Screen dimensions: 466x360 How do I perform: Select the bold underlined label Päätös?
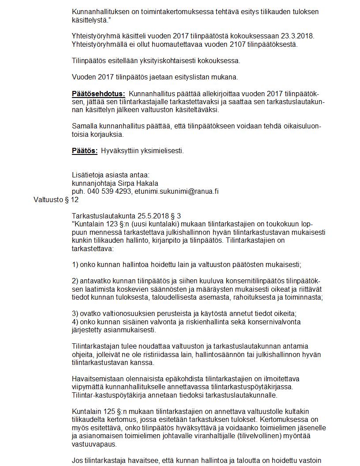point(85,150)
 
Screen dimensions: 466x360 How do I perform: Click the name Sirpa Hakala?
point(137,183)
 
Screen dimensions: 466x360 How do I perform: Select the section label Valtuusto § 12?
point(56,199)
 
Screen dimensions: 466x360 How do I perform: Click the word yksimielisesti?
point(162,150)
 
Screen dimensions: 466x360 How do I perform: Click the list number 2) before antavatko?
point(75,281)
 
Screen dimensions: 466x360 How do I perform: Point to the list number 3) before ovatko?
point(75,313)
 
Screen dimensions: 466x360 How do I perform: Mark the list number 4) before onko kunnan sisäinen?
point(75,322)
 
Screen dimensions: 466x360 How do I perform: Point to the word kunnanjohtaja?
point(93,183)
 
